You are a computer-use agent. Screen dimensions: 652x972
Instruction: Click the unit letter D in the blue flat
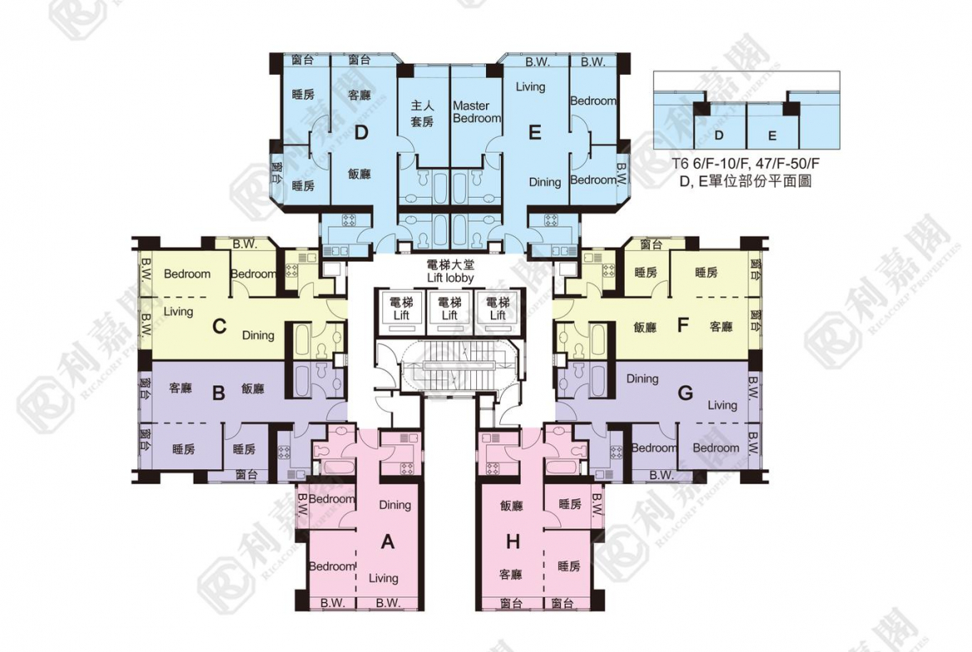361,132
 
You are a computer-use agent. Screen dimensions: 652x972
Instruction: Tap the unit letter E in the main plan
535,132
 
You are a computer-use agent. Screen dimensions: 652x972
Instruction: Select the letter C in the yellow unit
219,326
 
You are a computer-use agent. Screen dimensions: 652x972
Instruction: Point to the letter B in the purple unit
219,393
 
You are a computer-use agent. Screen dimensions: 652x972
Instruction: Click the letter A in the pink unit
387,542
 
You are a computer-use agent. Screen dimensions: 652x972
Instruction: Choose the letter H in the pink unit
513,542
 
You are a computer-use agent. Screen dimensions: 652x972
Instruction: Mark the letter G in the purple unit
685,393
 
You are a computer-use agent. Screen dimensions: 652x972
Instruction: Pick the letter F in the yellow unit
683,326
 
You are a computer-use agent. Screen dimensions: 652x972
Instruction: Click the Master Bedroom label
477,112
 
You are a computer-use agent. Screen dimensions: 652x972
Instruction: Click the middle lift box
449,308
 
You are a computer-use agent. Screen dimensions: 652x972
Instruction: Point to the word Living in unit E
530,86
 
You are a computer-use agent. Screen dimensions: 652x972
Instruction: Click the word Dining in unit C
258,336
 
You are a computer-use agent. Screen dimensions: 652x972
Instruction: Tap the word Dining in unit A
395,505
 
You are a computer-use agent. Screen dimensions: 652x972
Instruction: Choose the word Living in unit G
722,405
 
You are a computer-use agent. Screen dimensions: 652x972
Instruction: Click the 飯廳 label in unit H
512,505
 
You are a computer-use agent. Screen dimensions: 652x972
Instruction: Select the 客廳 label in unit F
721,327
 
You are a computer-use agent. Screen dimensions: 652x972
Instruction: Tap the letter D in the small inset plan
719,135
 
